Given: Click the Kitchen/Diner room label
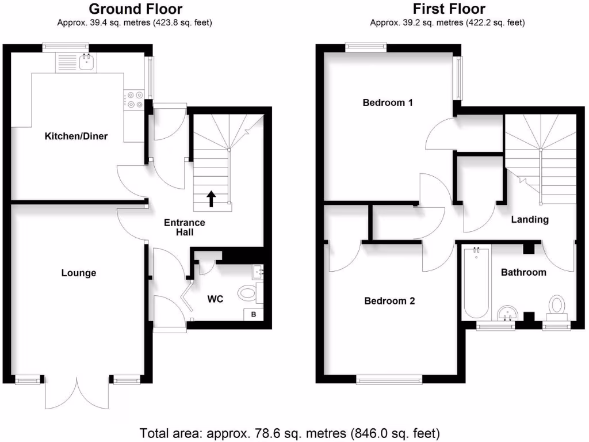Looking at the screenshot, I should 77,136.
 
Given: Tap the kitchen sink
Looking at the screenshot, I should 87,62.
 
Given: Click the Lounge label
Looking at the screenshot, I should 79,273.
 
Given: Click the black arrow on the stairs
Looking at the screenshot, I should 211,199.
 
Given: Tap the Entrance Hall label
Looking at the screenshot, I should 185,227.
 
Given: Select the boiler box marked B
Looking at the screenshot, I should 254,314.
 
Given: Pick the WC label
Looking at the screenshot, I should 216,299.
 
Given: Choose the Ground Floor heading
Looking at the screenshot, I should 136,9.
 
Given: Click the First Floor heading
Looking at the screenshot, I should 449,9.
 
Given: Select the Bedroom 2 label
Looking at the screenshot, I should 389,300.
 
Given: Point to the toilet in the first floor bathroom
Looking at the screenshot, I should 557,306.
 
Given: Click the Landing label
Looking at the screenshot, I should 530,219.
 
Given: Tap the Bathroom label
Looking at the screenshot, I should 523,272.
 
